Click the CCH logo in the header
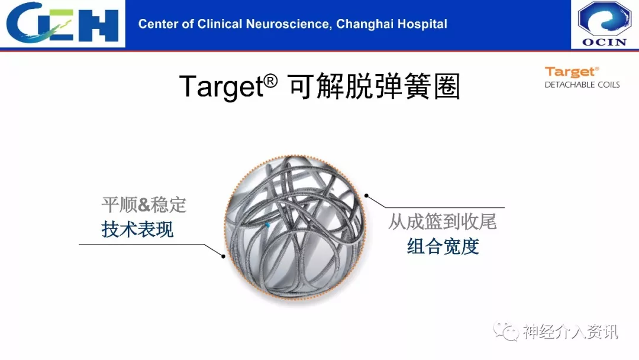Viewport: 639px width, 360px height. (x=62, y=22)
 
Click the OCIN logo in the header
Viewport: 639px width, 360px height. (x=604, y=24)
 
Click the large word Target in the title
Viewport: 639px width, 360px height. (x=222, y=86)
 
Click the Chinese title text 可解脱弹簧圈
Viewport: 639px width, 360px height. (x=374, y=86)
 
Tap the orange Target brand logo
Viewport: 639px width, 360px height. (x=572, y=73)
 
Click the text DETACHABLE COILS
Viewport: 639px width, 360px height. (x=582, y=85)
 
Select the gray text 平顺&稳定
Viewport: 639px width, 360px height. (x=144, y=205)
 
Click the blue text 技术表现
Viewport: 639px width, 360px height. (x=137, y=230)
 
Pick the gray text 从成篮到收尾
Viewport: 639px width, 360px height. (x=442, y=222)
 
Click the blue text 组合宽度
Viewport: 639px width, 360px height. (x=443, y=247)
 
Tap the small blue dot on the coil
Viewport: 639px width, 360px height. (x=268, y=225)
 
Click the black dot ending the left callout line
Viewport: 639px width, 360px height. (x=223, y=256)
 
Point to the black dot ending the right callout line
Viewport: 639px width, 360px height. (x=366, y=196)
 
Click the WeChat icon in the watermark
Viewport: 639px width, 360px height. (x=505, y=330)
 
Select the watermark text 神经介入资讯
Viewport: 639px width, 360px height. (x=570, y=332)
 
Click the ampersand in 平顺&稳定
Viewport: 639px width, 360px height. (x=144, y=205)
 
